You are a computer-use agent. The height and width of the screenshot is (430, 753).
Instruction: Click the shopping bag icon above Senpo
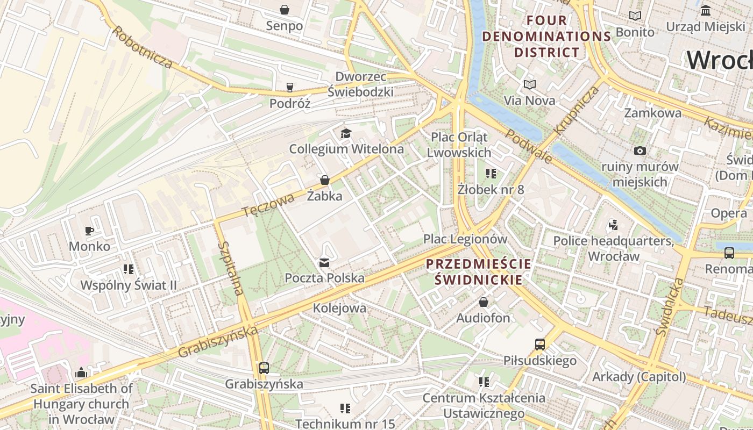(x=285, y=10)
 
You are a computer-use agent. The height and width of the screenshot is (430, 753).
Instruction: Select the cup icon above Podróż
(x=290, y=88)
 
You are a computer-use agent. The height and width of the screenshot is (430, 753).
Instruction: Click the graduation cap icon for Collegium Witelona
(x=346, y=133)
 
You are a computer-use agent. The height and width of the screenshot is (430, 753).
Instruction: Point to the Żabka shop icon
(x=324, y=180)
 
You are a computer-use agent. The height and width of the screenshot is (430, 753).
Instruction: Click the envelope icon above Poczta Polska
(x=324, y=262)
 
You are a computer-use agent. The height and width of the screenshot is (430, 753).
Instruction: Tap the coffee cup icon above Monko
(x=89, y=231)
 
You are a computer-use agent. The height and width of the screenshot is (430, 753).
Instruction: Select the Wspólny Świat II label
(x=128, y=285)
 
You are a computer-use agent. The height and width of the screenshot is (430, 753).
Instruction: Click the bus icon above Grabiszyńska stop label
(x=264, y=368)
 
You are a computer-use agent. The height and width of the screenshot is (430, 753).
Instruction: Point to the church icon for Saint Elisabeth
(x=81, y=372)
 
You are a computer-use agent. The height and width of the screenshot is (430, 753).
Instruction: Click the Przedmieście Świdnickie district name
(x=478, y=272)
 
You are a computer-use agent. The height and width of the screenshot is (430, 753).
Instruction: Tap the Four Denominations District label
(x=546, y=37)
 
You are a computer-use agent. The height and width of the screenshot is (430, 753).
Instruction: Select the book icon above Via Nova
(x=529, y=84)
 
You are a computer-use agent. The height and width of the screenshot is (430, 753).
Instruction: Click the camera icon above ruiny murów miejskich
(x=640, y=151)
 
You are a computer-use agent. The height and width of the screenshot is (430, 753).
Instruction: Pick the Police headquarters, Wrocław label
(x=613, y=248)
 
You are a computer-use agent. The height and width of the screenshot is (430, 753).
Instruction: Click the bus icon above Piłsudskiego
(x=539, y=345)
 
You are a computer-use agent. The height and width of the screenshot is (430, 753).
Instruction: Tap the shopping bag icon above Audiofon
(x=483, y=302)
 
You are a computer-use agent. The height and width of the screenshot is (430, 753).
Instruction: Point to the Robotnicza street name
(x=142, y=47)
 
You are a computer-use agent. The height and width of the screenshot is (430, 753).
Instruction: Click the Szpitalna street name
(x=231, y=269)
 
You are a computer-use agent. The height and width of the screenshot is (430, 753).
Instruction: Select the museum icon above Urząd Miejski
(x=705, y=10)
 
